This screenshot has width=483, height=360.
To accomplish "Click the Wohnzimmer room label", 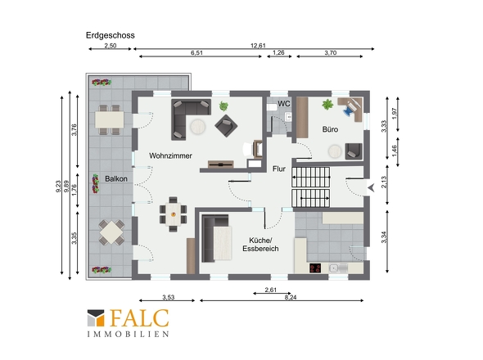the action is (170, 155).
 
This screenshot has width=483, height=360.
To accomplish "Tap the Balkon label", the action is (116, 179).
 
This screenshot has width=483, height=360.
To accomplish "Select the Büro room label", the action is (330, 129).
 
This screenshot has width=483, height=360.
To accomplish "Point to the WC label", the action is (284, 104).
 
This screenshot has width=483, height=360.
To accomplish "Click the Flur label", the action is (279, 169).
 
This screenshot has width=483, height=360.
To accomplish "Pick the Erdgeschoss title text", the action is (111, 35).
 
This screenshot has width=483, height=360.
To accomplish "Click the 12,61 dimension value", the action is (258, 46).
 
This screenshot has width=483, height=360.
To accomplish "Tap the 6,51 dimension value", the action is (196, 53).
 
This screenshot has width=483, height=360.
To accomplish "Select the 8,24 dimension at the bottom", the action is (291, 298).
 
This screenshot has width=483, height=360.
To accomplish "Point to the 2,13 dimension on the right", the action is (384, 182).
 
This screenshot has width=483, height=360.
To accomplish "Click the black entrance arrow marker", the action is (371, 187).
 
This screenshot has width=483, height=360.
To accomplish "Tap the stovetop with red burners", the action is (315, 268).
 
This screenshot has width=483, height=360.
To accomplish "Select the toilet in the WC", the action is (272, 107).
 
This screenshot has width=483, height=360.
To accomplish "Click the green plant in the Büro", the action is (327, 105).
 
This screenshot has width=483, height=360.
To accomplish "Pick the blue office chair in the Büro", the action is (349, 110).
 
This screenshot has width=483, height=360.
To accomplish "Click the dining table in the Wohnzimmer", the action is (173, 214).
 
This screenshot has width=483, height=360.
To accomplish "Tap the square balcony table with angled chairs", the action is (111, 232).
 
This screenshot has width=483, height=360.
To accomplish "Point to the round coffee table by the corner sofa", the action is (198, 127).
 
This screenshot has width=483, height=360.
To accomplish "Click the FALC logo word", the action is (139, 318).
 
